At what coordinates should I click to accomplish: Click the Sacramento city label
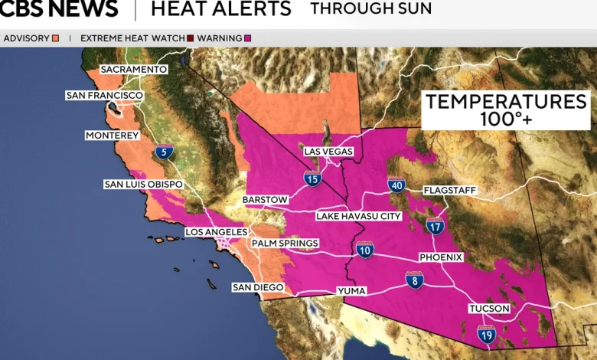coord(133,69)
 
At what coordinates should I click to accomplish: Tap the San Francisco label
coord(104,95)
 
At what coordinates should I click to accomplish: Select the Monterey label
coord(113,136)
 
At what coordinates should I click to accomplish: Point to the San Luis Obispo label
coord(144,185)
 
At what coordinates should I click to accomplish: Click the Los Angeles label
coord(217,232)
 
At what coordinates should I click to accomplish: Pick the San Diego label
coord(258,287)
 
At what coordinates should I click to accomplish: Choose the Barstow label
coord(265,200)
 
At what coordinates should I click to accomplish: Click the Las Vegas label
coord(328,152)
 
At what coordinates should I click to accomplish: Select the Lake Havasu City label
coord(359,217)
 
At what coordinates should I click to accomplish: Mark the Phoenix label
coord(441,257)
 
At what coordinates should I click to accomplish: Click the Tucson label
coord(489,309)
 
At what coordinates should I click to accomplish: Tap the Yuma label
coord(351,291)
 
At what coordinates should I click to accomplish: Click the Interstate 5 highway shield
coord(163,152)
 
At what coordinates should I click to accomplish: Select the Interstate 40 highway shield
coord(396,184)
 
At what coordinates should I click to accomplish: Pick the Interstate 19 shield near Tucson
coord(486,333)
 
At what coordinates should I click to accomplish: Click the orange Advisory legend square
coord(55,38)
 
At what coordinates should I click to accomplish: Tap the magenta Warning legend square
coord(247,38)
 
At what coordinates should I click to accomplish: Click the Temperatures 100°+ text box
coord(506,110)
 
